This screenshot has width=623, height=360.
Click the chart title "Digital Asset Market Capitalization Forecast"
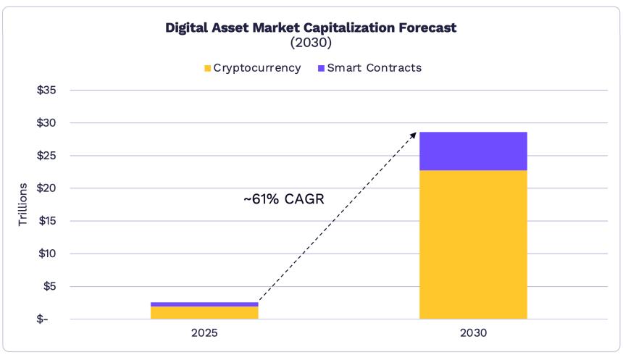tap(311, 28)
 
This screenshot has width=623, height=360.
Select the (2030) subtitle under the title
tap(311, 43)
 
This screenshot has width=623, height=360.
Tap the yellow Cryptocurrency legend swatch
tap(207, 68)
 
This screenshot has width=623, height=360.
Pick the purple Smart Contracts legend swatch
tap(321, 68)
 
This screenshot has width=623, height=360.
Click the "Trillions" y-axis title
tap(22, 204)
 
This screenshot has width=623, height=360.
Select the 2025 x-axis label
tap(204, 334)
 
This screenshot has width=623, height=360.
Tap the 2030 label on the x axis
tap(473, 334)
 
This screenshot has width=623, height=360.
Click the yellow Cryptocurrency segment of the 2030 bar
tap(473, 245)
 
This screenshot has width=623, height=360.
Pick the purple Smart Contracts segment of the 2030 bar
tap(473, 151)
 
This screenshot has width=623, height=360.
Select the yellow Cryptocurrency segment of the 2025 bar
tap(204, 312)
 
